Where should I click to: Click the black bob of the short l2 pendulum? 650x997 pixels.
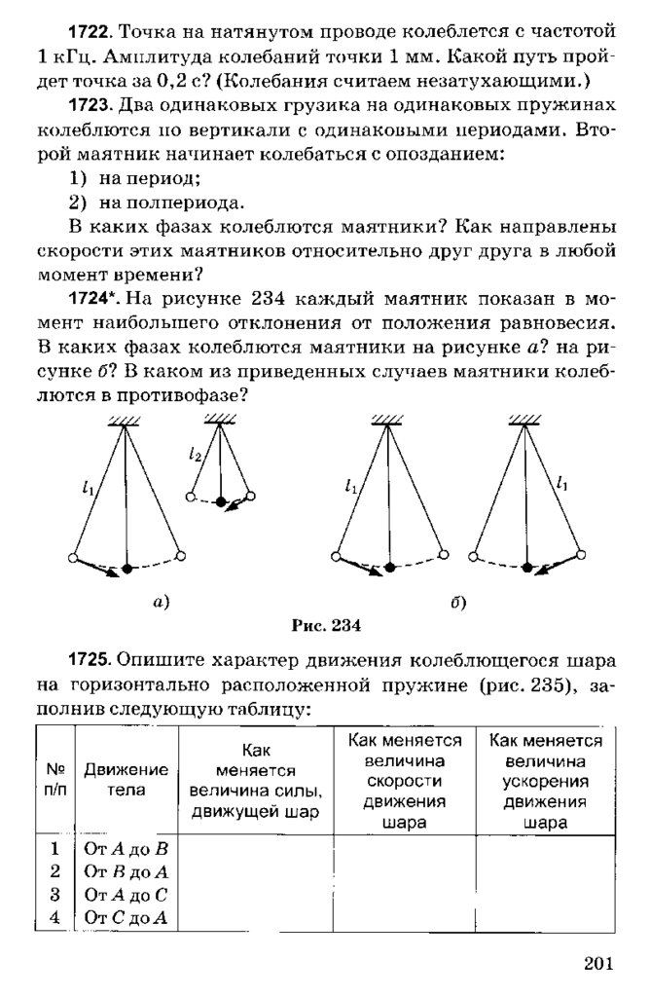[221, 502]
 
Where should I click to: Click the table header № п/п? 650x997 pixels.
[55, 779]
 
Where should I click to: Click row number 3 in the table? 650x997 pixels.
[55, 894]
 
